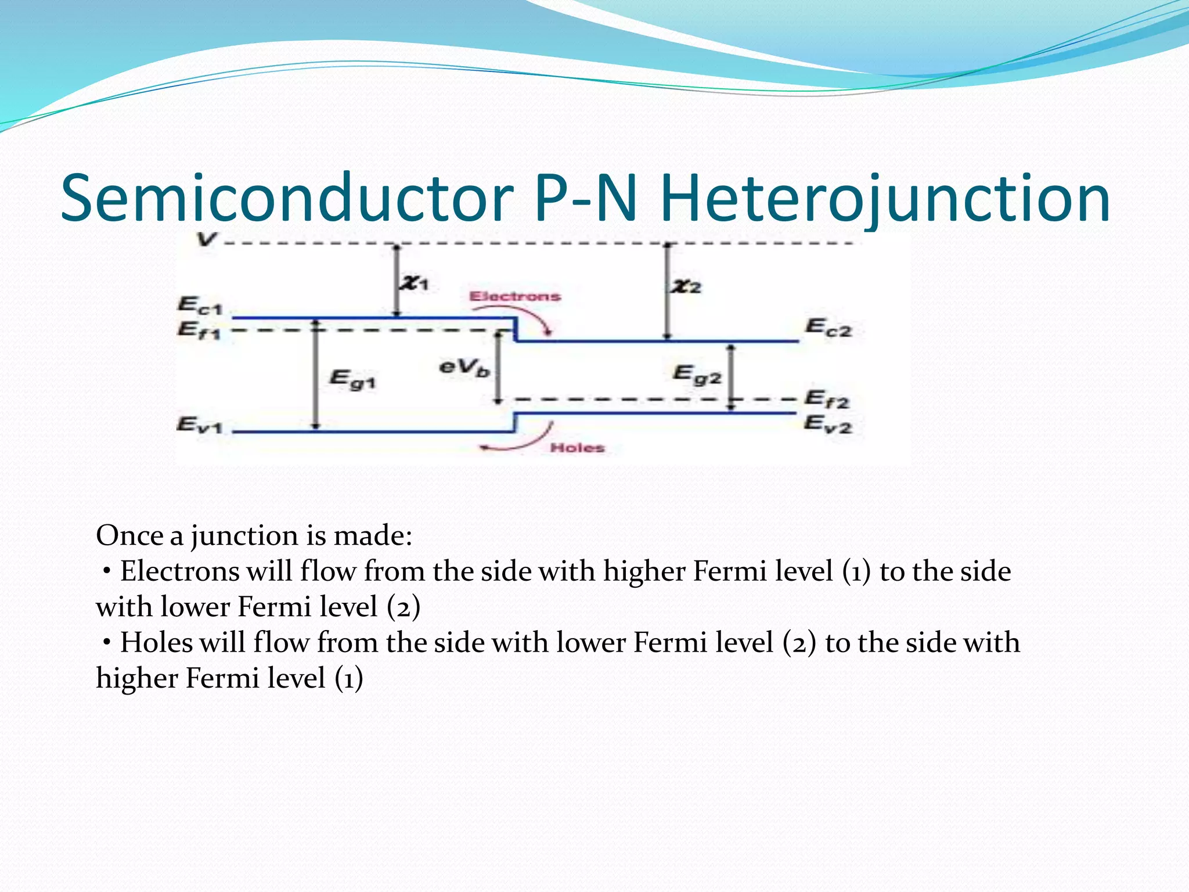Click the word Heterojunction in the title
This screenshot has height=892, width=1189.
pyautogui.click(x=885, y=199)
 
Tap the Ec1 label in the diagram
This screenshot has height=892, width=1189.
pyautogui.click(x=199, y=305)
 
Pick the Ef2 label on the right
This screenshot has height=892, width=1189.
pyautogui.click(x=827, y=399)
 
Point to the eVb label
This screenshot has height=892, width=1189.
pyautogui.click(x=464, y=367)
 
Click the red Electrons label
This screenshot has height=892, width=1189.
pyautogui.click(x=515, y=297)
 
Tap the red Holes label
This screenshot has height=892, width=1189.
pyautogui.click(x=577, y=448)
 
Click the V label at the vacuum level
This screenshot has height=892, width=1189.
pyautogui.click(x=206, y=239)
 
